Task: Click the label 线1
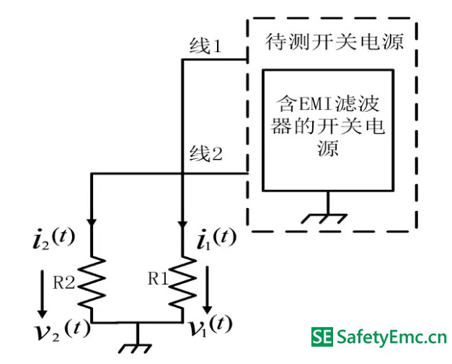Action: (204, 48)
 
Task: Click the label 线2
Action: (205, 153)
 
